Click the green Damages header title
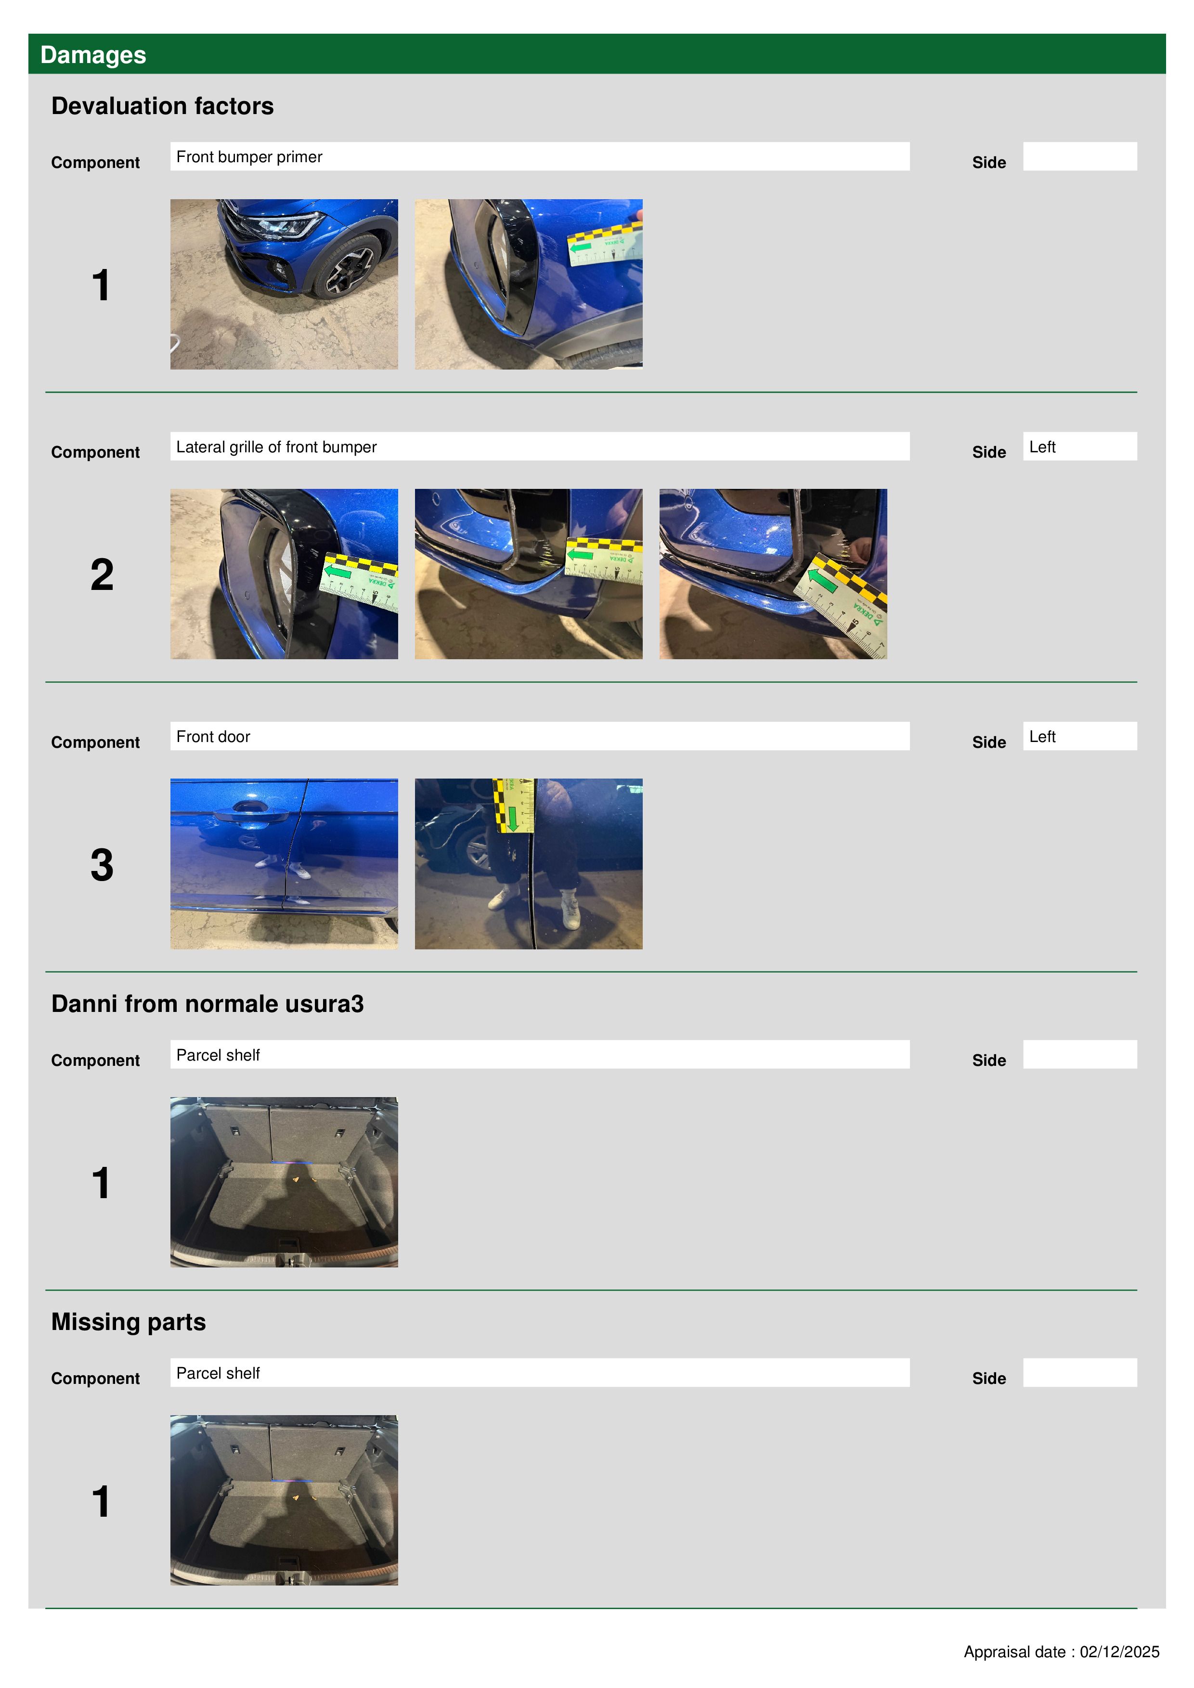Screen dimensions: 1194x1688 (93, 55)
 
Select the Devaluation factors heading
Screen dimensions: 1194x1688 (163, 106)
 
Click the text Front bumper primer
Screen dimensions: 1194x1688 (249, 156)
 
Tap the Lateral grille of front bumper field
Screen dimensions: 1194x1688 (539, 446)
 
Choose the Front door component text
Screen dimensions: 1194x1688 (213, 737)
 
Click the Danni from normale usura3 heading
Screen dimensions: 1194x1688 (208, 1004)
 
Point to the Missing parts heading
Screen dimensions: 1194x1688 (129, 1322)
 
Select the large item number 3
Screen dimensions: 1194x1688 (102, 865)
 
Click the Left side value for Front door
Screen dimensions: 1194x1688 (1042, 737)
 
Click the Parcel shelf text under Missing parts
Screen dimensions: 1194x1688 (218, 1373)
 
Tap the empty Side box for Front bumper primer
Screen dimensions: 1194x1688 (1079, 156)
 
